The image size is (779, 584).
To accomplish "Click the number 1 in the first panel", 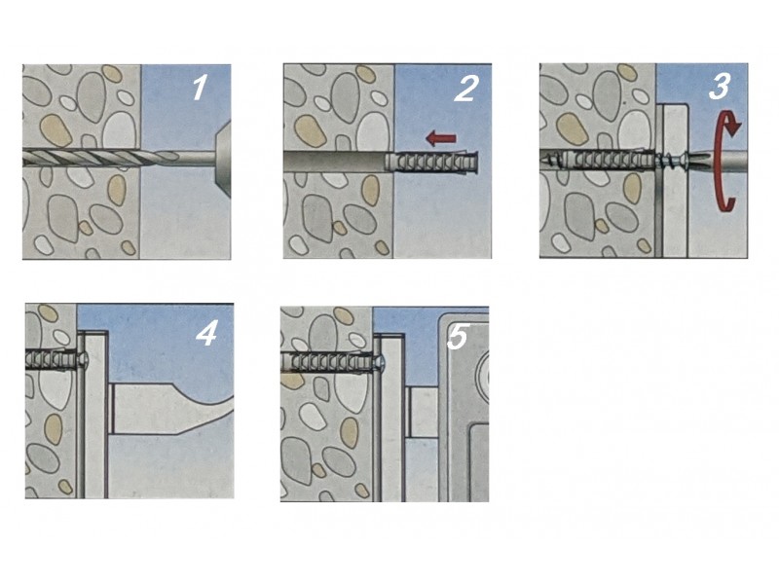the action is point(200,88).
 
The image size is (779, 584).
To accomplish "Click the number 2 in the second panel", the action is point(466,89).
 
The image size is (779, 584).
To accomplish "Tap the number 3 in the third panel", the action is point(719,87).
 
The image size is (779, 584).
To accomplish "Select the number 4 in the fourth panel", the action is point(206,333).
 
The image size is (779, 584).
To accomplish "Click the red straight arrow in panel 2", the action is point(441,138).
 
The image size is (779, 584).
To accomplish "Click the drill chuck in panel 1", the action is point(223,159).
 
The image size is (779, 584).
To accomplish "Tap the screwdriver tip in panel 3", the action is point(700,161).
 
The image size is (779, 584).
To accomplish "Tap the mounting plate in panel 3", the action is point(674,180).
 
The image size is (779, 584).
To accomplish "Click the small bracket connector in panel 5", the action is point(423,412).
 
